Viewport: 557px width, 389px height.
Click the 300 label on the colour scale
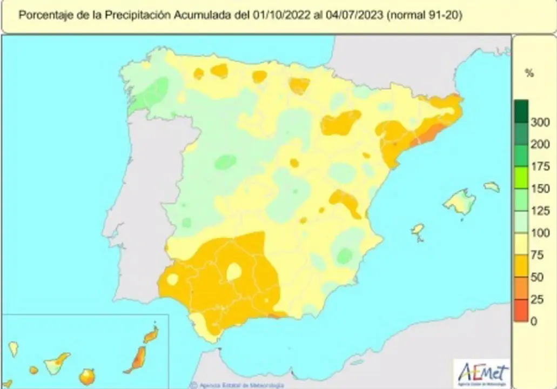tap(540, 123)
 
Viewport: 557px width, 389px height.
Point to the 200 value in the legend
tap(540, 145)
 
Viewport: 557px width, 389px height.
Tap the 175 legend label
tap(540, 167)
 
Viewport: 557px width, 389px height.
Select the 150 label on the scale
tap(540, 189)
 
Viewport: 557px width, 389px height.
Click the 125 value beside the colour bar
tap(540, 211)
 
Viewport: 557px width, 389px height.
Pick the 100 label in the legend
tap(540, 233)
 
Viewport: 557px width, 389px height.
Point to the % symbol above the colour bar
tap(529, 73)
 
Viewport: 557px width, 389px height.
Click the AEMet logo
tap(483, 373)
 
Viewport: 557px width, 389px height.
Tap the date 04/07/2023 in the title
tap(354, 15)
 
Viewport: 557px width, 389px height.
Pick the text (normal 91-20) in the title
tap(425, 15)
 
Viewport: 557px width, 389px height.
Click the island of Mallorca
tap(460, 203)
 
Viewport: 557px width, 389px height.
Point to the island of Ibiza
tap(418, 231)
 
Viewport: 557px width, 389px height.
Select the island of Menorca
tap(491, 187)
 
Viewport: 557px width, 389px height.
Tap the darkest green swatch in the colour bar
tap(521, 110)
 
